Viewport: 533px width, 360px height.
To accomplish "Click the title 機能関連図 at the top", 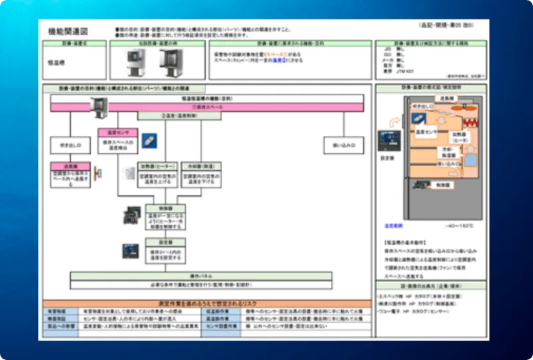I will (x=68, y=31).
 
